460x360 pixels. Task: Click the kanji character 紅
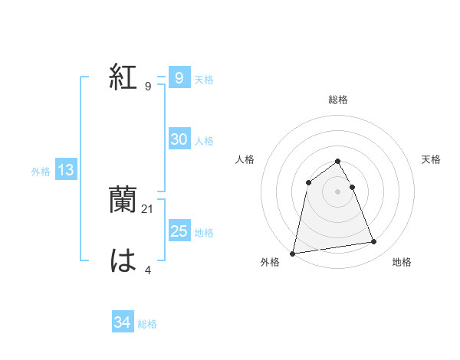click(x=124, y=77)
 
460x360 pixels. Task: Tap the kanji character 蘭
click(x=124, y=200)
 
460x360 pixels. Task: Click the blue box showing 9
click(x=179, y=77)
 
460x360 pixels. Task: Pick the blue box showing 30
click(x=179, y=139)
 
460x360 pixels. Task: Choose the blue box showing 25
click(x=179, y=231)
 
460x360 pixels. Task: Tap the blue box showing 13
click(x=65, y=170)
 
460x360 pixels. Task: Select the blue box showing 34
click(x=122, y=322)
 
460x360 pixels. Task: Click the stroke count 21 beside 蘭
click(x=148, y=208)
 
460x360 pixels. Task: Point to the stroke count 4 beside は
click(x=147, y=270)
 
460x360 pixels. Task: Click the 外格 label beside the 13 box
click(x=41, y=172)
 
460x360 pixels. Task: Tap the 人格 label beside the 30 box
click(x=204, y=140)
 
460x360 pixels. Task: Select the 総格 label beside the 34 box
click(x=147, y=324)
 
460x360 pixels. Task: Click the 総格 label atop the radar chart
click(x=338, y=100)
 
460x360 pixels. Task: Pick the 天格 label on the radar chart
click(x=431, y=159)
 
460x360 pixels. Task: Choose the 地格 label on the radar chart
click(x=402, y=263)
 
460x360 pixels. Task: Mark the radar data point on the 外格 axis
click(x=293, y=253)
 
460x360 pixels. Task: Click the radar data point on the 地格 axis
click(x=374, y=242)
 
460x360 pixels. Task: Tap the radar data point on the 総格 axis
click(x=338, y=161)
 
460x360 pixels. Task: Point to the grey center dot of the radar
click(x=338, y=191)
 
